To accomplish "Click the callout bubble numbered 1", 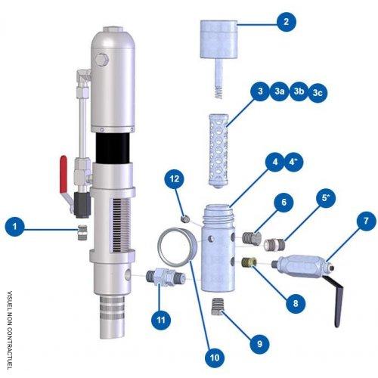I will click(x=14, y=225).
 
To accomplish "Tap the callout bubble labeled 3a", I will click(x=280, y=91).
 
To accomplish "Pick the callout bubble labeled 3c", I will click(x=318, y=91).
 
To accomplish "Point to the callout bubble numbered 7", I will click(x=366, y=221).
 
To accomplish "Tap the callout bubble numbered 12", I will click(x=174, y=178).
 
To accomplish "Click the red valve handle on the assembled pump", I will click(x=64, y=165).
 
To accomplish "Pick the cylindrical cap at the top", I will click(x=220, y=38).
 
